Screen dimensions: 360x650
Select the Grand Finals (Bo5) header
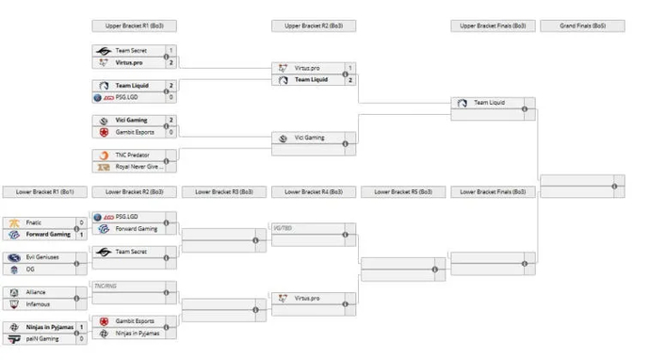[581, 25]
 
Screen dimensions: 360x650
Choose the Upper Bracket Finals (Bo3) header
[492, 25]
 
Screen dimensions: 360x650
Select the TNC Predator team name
[135, 155]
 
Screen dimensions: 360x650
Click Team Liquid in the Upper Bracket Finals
[490, 102]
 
